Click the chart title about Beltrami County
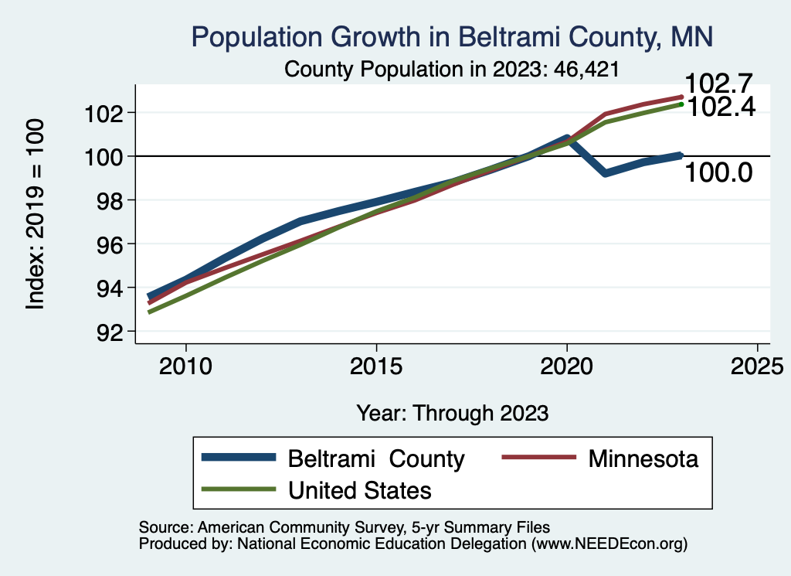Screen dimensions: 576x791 [452, 37]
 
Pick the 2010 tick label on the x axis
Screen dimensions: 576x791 [185, 366]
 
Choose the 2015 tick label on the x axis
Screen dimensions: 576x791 [376, 366]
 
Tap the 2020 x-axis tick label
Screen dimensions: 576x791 [567, 366]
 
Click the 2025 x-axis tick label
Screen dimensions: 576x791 [757, 366]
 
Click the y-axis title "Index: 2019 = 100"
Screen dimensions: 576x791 [36, 215]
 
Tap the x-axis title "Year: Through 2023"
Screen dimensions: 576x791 [452, 413]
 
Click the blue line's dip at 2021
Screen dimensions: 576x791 [605, 172]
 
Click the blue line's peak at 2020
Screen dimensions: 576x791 [567, 138]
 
